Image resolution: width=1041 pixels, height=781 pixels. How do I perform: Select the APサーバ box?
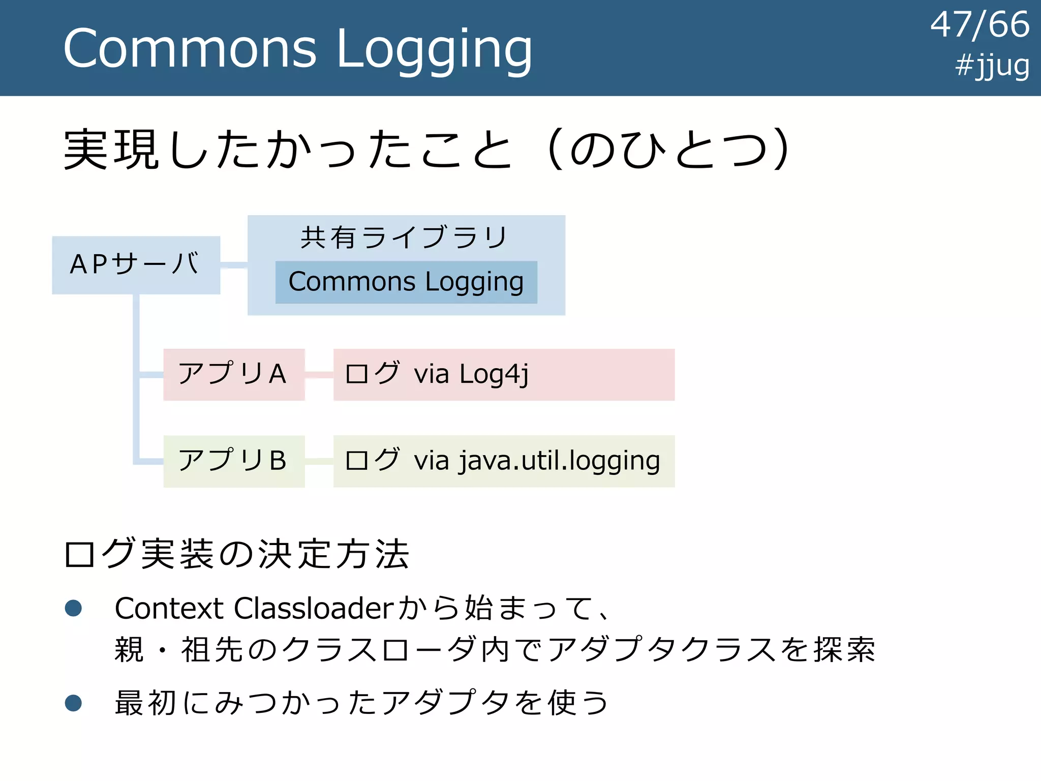coord(136,265)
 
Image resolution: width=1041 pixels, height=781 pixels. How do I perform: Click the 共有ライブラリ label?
coord(404,237)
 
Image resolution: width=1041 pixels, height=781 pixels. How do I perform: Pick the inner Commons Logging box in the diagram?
coord(406,282)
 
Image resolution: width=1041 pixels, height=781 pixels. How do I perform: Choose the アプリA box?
coord(234,374)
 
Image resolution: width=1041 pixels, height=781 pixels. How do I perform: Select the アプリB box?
coord(234,461)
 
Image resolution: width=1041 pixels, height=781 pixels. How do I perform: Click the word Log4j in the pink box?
coord(494,375)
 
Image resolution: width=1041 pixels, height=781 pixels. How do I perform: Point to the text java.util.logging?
coord(559,461)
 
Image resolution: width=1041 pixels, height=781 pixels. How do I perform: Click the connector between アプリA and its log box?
coord(319,375)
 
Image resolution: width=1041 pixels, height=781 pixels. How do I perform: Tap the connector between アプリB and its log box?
coord(319,461)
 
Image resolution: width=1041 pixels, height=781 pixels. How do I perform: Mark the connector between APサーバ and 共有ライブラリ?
coord(234,265)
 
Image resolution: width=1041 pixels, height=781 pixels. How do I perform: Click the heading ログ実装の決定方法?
coord(237,554)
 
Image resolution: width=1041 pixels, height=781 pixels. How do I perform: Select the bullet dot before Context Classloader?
coord(74,608)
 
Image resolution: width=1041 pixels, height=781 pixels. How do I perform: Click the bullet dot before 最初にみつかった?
coord(74,703)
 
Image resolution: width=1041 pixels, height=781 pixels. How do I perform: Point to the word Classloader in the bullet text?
coord(314,608)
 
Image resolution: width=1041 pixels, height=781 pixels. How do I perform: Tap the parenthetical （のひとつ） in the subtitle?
coord(666,150)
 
